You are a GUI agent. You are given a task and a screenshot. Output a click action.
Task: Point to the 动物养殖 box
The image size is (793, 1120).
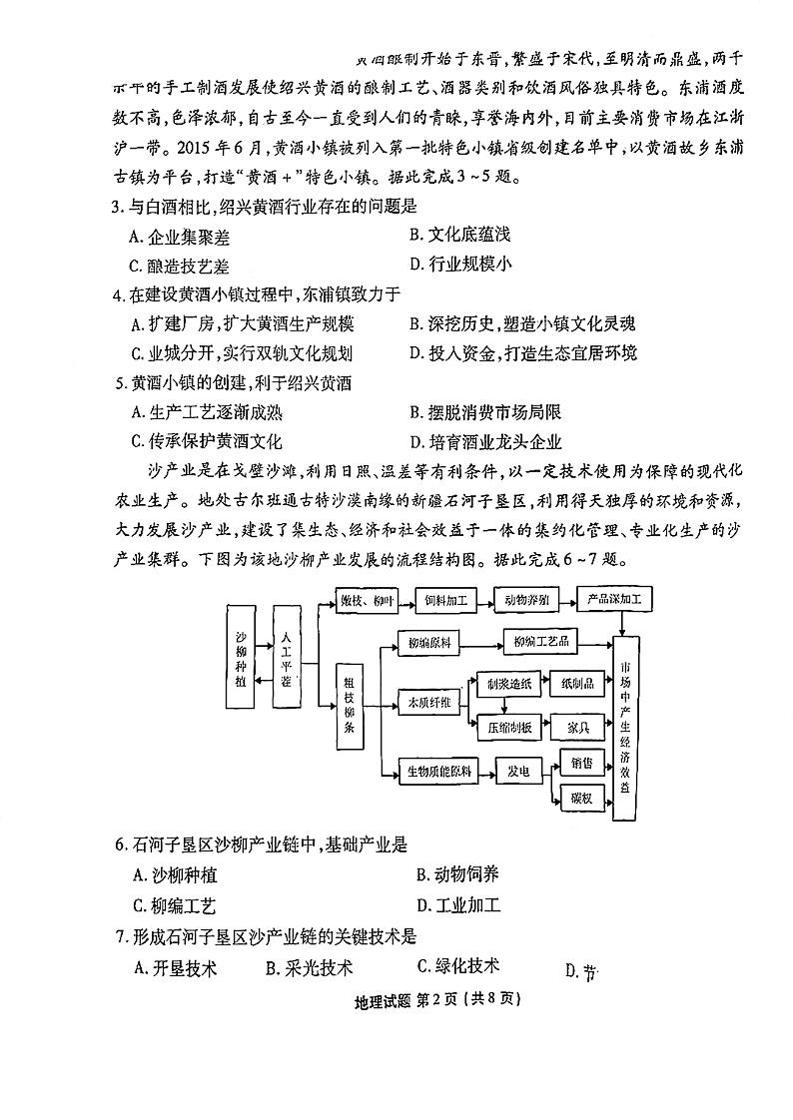coord(524,599)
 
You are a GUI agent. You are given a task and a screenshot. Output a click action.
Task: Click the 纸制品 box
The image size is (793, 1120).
coord(577,684)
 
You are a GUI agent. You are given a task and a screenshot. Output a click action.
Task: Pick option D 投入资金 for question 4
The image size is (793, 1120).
coord(523,352)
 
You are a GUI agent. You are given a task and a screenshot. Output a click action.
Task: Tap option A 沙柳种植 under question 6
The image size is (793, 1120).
coord(174,875)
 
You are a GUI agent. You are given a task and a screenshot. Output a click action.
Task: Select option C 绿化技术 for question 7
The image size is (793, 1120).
coord(458,965)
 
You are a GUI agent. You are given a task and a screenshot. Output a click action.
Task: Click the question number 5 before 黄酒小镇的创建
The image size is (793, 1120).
coord(121,381)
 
